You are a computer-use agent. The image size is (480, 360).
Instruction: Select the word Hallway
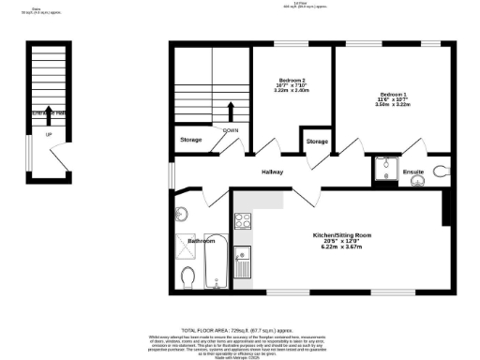pos(273,172)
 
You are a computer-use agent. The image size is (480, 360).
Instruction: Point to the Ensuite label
pos(413,172)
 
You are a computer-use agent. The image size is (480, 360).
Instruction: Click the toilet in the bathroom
pos(187,277)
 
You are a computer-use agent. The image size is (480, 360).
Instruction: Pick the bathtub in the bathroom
pos(215,263)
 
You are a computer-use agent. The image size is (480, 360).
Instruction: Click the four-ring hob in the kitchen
pos(243,222)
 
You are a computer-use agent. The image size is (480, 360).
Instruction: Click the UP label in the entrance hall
pos(49,134)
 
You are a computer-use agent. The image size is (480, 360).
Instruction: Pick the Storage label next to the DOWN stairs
pos(191,141)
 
